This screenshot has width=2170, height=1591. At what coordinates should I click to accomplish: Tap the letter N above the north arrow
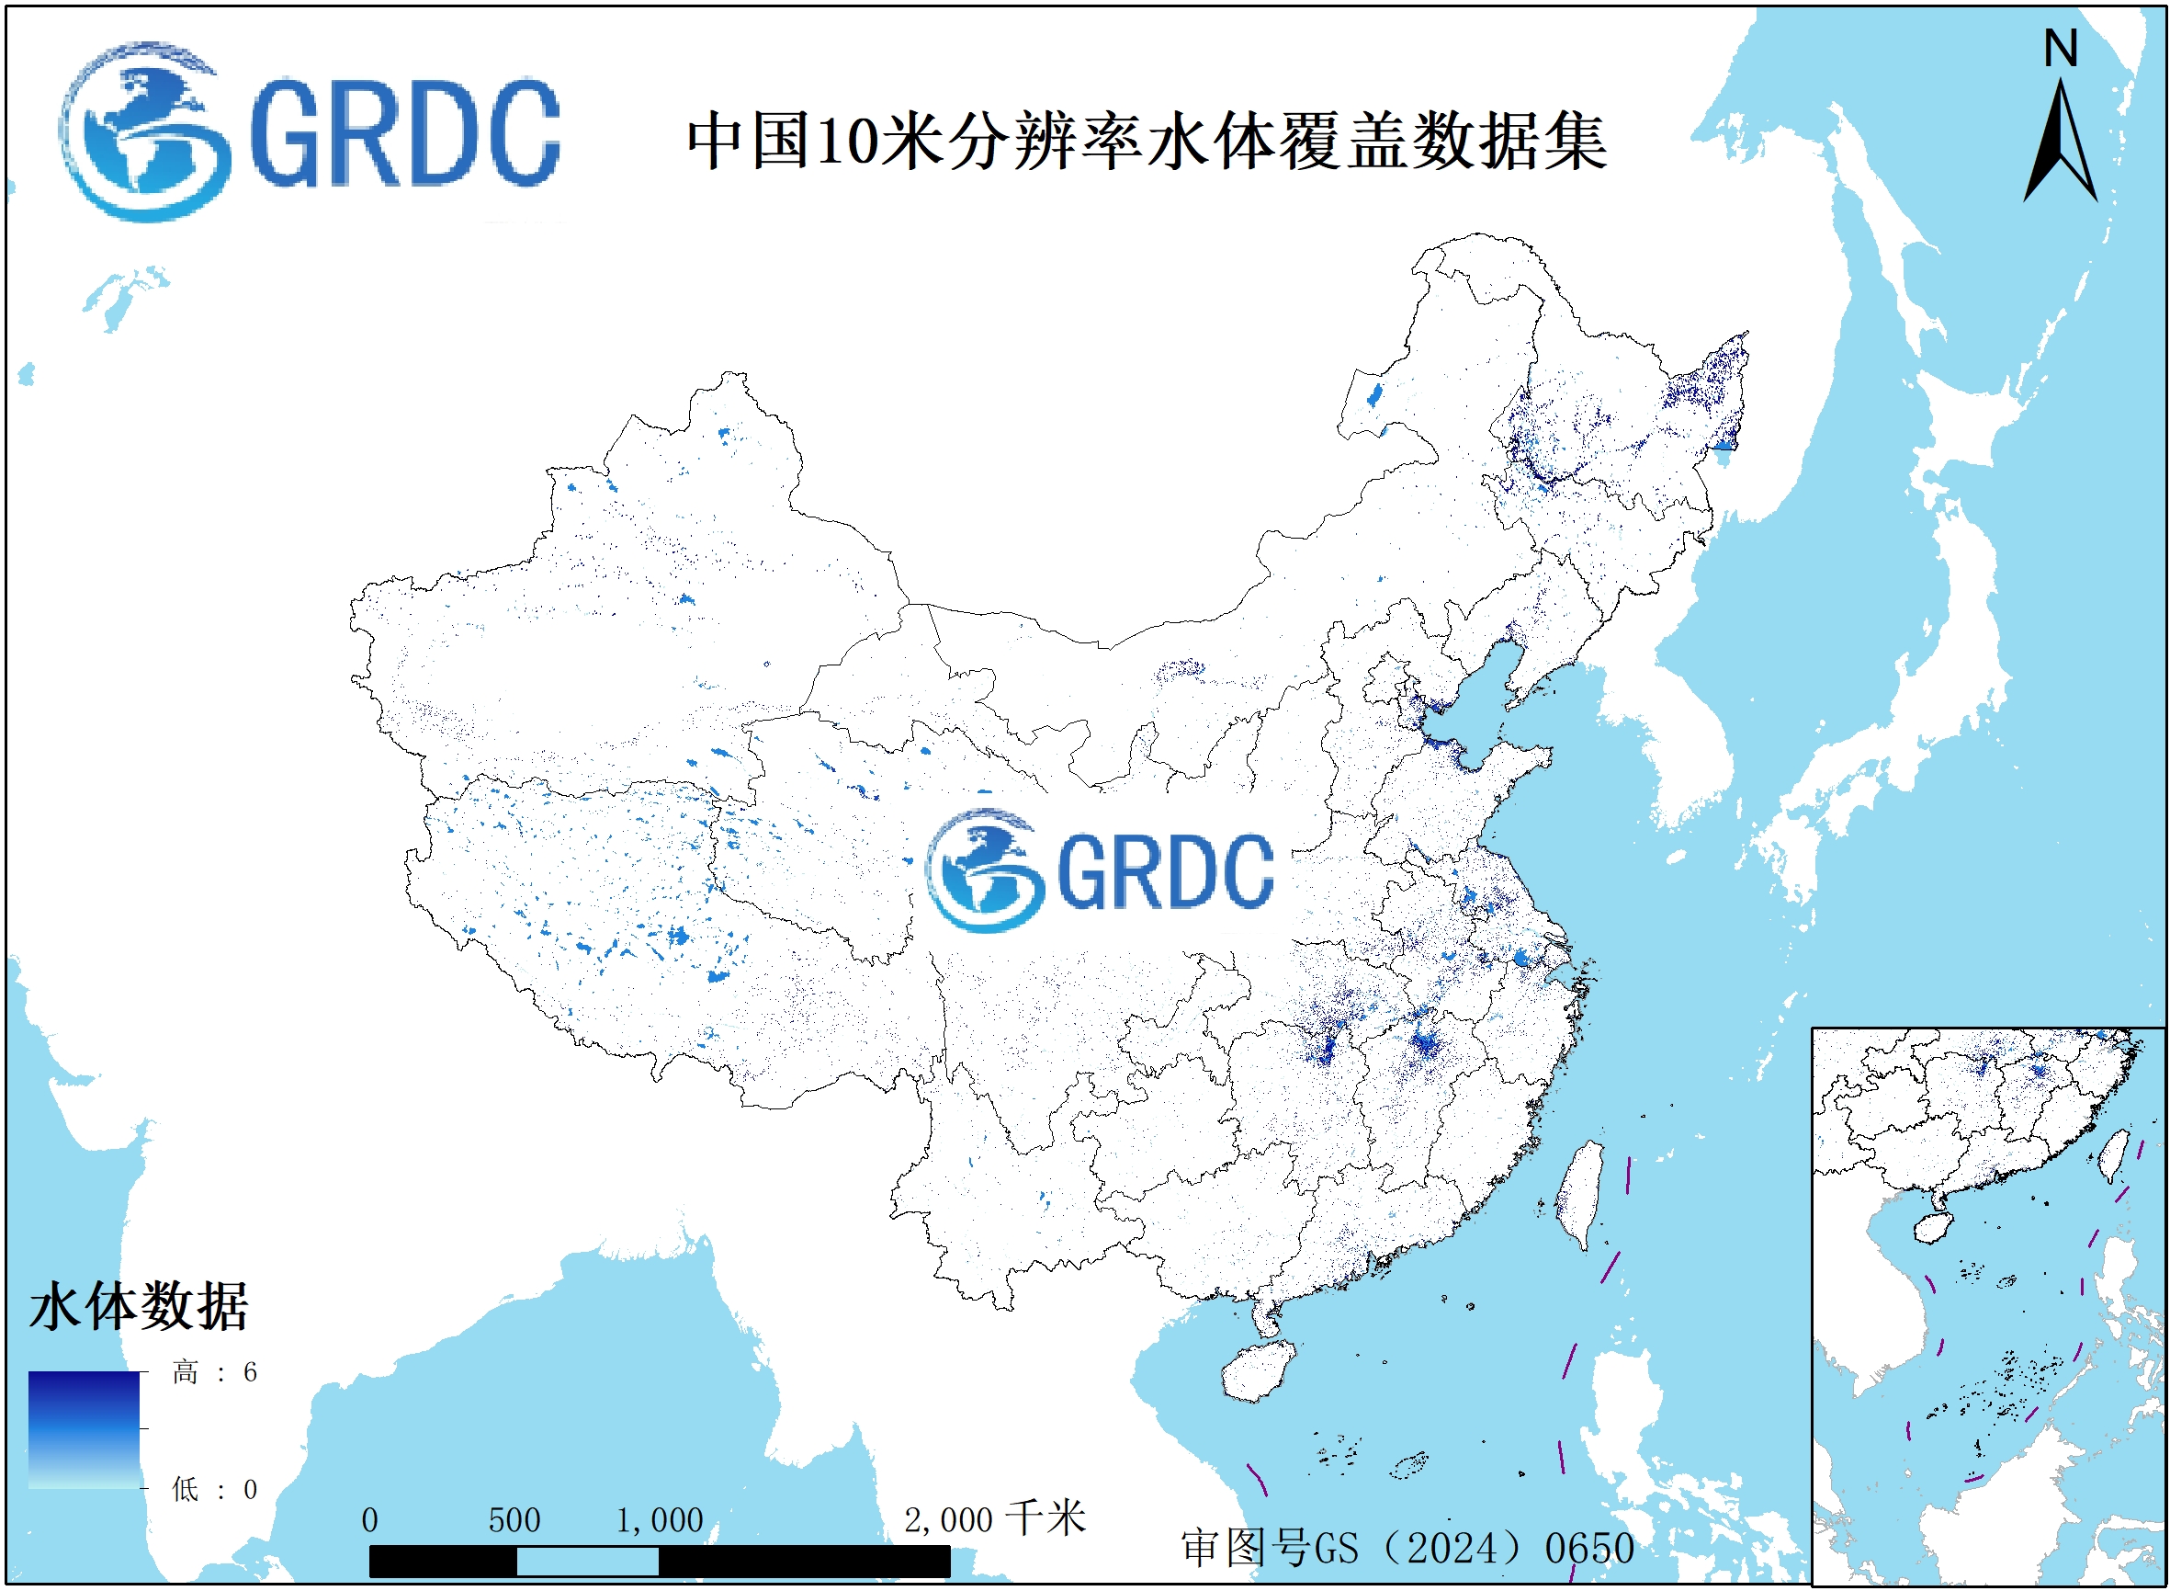coord(2061,48)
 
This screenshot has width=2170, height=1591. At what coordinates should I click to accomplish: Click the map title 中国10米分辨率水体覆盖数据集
coord(1146,141)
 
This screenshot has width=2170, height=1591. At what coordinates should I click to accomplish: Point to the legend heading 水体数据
coord(140,1307)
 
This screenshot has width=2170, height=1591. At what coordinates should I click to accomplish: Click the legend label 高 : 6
coord(215,1371)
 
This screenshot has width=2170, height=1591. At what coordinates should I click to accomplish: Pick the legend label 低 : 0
coord(215,1490)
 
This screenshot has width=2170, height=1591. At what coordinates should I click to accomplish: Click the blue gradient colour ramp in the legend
coord(84,1430)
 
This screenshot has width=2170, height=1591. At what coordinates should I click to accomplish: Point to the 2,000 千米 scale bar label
coord(994,1518)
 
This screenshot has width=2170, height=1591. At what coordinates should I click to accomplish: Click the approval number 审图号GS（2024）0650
coord(1407,1548)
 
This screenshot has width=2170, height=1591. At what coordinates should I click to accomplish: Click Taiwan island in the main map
coord(1578,1194)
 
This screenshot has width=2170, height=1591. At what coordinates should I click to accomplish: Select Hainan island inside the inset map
coord(1930,1228)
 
